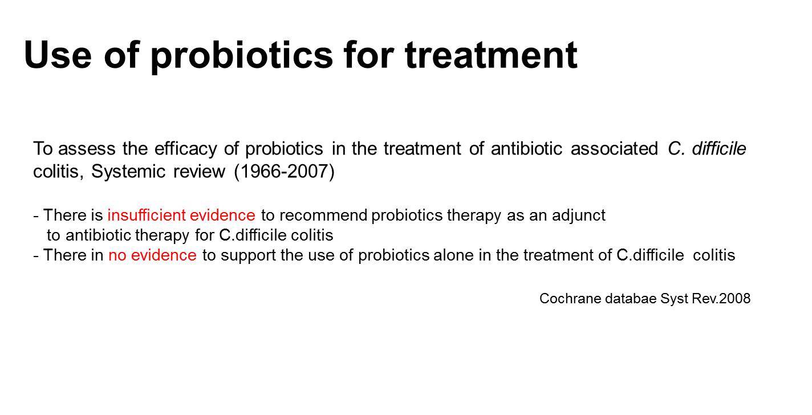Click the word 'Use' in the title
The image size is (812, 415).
pyautogui.click(x=58, y=55)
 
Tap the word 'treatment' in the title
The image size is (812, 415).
pyautogui.click(x=491, y=55)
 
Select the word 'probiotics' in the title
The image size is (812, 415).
pyautogui.click(x=241, y=56)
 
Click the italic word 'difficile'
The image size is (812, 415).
pyautogui.click(x=719, y=148)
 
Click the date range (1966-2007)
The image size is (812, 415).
pyautogui.click(x=285, y=172)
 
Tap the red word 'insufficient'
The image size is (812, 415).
pyautogui.click(x=147, y=215)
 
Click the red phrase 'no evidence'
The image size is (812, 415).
pyautogui.click(x=152, y=255)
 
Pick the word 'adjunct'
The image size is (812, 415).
pyautogui.click(x=579, y=216)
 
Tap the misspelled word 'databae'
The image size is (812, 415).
pyautogui.click(x=631, y=299)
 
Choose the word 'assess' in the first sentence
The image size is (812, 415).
pyautogui.click(x=87, y=149)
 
